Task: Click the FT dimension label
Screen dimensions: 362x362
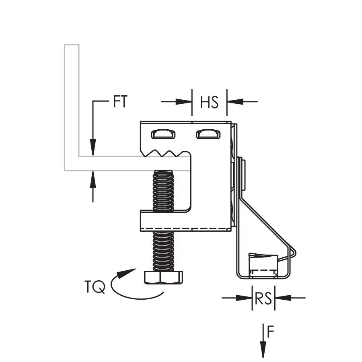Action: tap(120, 102)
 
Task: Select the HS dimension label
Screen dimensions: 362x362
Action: tap(209, 102)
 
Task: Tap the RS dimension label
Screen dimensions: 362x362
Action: tap(263, 298)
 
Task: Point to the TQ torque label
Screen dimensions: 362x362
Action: tap(95, 287)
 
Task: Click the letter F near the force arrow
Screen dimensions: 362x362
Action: tap(270, 331)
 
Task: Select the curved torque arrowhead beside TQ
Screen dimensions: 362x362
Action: tap(126, 273)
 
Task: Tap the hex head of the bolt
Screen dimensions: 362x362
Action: tap(163, 277)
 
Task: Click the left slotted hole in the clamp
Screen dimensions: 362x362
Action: tap(163, 134)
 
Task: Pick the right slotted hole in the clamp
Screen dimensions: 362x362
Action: tap(208, 134)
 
